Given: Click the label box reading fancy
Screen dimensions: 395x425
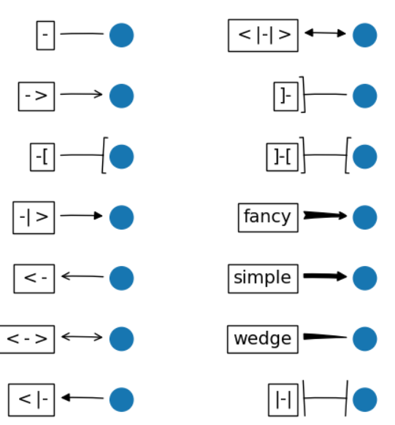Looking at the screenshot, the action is (268, 218).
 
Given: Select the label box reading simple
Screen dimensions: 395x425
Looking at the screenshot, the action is (263, 278).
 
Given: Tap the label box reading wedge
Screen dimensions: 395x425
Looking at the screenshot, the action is (263, 339).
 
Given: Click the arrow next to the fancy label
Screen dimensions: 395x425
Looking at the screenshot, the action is (325, 216).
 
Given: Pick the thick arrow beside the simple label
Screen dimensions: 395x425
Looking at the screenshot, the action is (325, 276).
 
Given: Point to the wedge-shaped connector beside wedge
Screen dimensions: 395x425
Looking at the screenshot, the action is (325, 337).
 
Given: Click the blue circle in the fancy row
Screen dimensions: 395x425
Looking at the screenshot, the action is (364, 217).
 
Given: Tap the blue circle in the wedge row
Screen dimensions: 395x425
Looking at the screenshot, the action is (364, 339).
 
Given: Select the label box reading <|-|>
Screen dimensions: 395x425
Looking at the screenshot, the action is (263, 35).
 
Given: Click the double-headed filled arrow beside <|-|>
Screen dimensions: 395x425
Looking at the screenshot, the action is (325, 33).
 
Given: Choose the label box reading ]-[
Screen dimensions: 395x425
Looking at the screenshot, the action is (283, 157).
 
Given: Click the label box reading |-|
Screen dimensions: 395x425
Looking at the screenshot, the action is (283, 400).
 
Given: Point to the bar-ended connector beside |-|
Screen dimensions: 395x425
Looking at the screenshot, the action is (325, 398).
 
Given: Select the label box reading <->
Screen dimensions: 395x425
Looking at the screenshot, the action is (27, 339).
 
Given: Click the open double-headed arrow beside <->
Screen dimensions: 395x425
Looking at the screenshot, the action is (82, 337).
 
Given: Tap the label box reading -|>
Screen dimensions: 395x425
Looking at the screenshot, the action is (34, 218).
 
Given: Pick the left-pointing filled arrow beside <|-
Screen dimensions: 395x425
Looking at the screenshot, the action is (83, 397).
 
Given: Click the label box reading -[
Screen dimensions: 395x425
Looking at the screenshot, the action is (42, 157).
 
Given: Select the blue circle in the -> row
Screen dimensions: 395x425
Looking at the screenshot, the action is (121, 96).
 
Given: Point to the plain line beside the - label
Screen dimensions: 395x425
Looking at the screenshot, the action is (82, 34).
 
